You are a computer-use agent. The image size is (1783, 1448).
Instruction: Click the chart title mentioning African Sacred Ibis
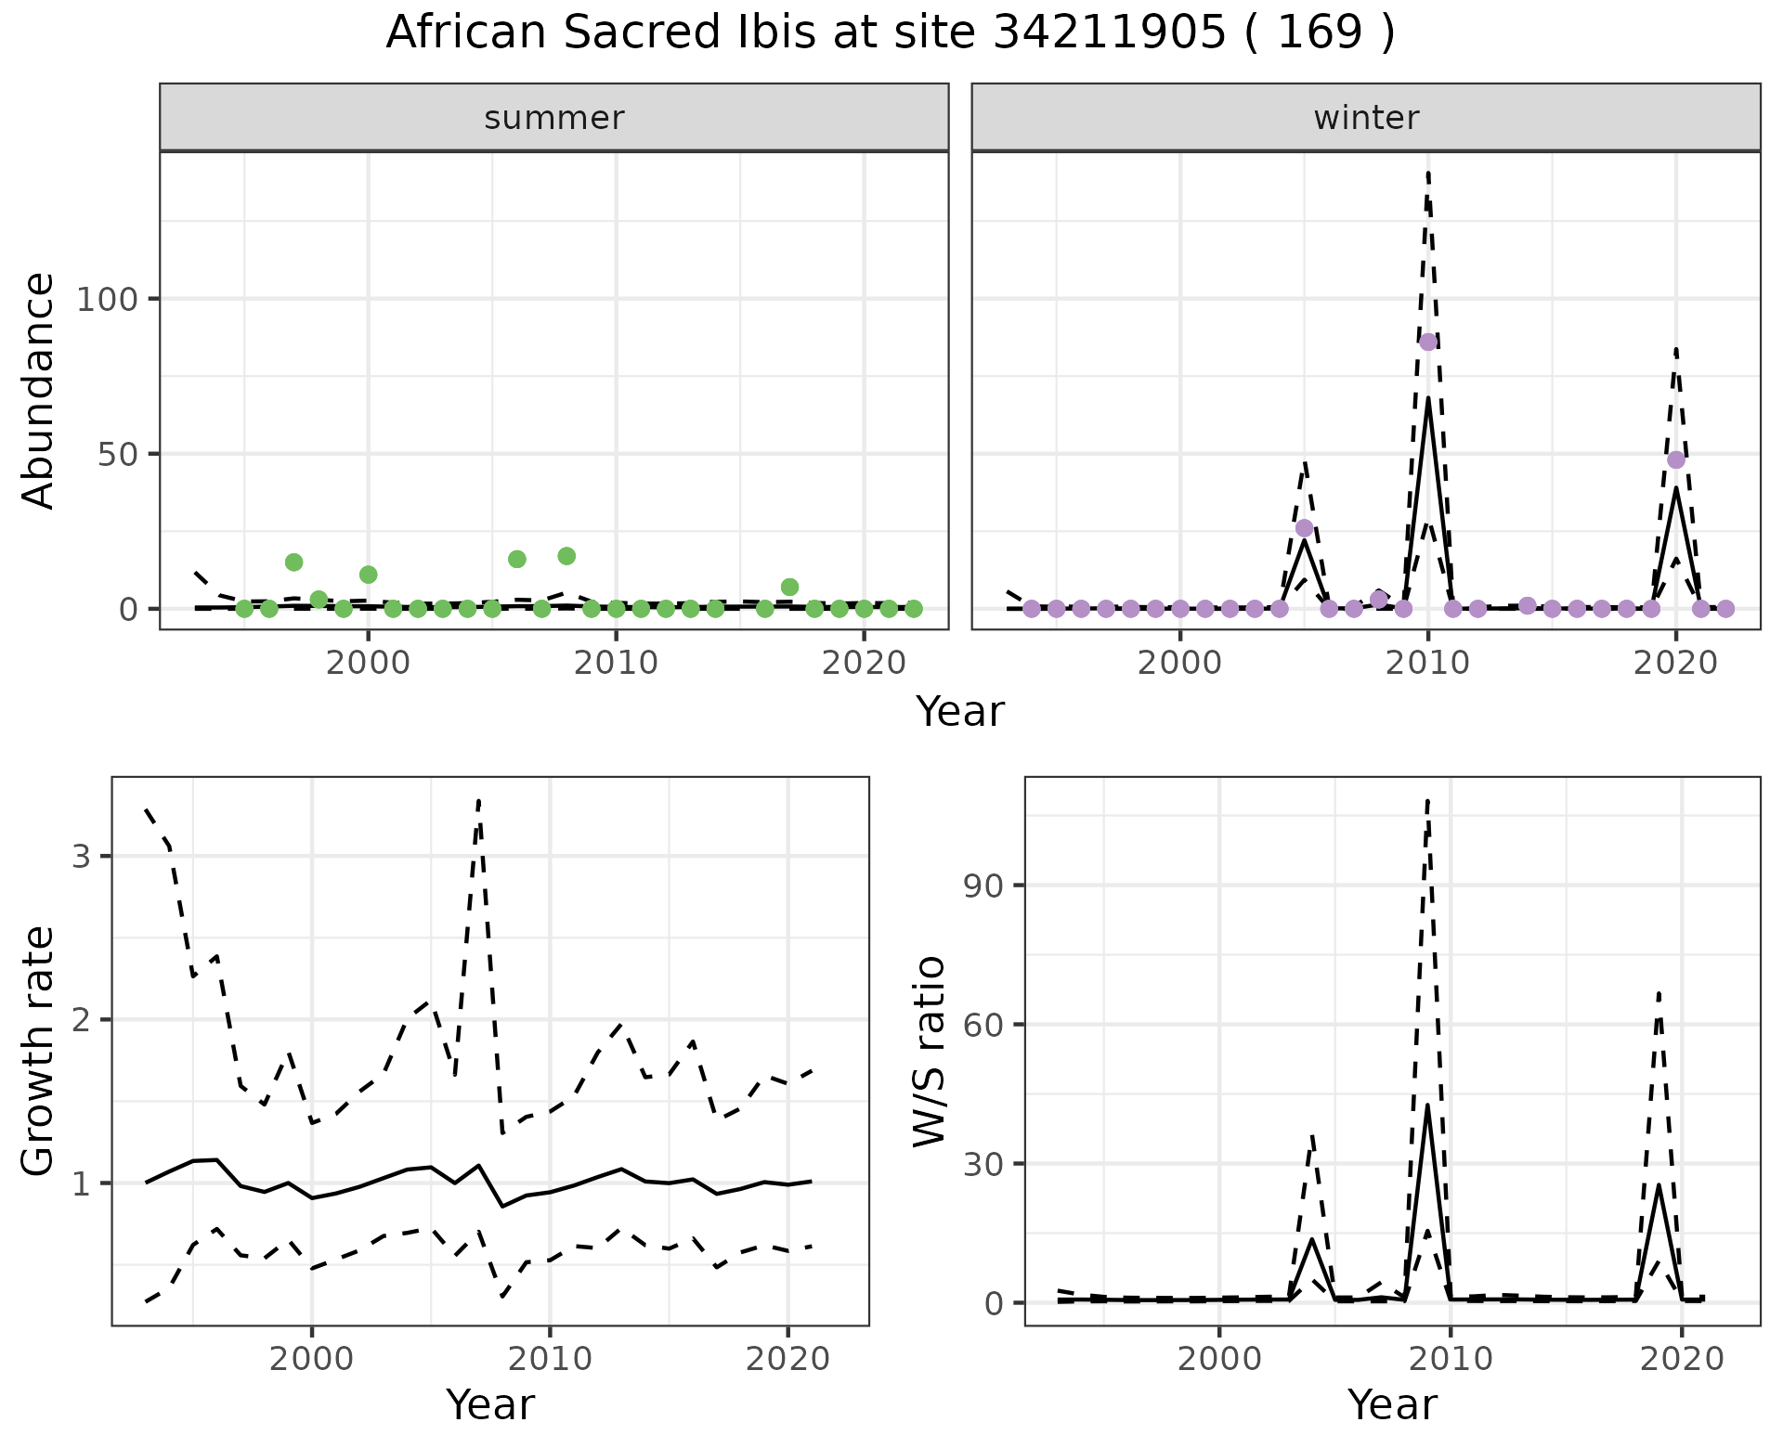pyautogui.click(x=890, y=33)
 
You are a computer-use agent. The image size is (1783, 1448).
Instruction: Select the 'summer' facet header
pyautogui.click(x=553, y=118)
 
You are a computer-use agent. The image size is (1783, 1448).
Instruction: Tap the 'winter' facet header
pyautogui.click(x=1365, y=118)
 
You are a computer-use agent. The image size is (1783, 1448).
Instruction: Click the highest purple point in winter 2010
pyautogui.click(x=1428, y=342)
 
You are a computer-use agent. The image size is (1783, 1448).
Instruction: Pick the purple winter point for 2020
pyautogui.click(x=1676, y=459)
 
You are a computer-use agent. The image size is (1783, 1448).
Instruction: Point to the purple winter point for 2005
pyautogui.click(x=1304, y=528)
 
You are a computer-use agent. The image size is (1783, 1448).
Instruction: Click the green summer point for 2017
pyautogui.click(x=789, y=587)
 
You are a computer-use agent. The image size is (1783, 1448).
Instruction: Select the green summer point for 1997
pyautogui.click(x=293, y=562)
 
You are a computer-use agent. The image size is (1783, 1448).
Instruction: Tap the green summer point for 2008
pyautogui.click(x=566, y=556)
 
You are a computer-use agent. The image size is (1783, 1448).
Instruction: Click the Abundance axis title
pyautogui.click(x=39, y=390)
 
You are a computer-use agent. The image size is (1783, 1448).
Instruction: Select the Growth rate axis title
pyautogui.click(x=39, y=1051)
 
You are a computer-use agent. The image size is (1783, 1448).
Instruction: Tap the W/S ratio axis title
pyautogui.click(x=929, y=1051)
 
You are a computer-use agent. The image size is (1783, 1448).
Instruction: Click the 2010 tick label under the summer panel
pyautogui.click(x=616, y=663)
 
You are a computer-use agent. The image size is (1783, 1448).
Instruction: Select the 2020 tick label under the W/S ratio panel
pyautogui.click(x=1682, y=1360)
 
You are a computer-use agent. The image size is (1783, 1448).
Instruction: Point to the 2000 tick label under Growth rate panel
pyautogui.click(x=312, y=1360)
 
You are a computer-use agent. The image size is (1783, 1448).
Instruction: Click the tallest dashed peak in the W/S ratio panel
pyautogui.click(x=1427, y=800)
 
